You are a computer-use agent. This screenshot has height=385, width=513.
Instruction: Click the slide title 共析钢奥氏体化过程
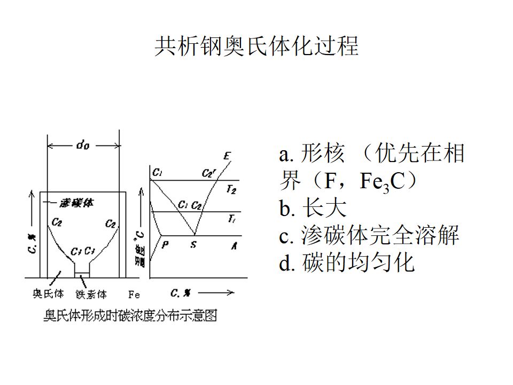click(256, 47)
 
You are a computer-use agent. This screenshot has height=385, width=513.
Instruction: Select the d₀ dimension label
click(83, 144)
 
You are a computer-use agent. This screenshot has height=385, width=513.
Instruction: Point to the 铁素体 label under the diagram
click(91, 294)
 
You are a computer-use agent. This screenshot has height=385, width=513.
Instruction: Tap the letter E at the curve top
click(227, 156)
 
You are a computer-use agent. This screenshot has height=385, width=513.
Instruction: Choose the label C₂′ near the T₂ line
click(208, 173)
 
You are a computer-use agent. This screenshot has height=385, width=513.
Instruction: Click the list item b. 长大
click(313, 208)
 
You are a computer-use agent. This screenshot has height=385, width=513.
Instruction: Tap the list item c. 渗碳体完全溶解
click(369, 235)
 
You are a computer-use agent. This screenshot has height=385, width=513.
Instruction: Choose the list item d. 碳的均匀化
click(347, 263)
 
